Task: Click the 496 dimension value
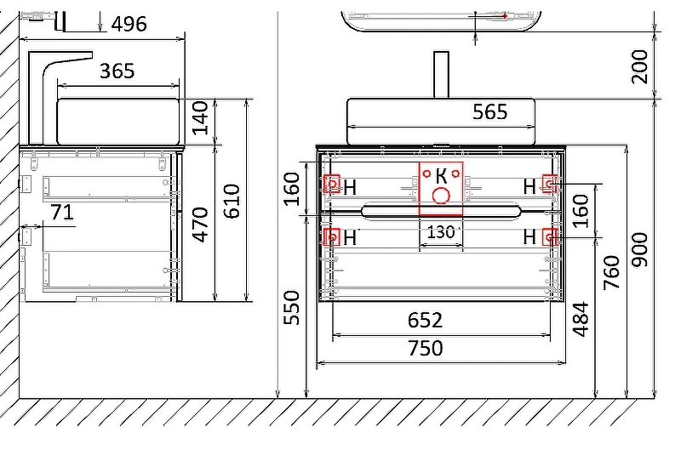(x=129, y=24)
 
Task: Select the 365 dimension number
(x=117, y=71)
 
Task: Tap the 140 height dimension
(x=200, y=118)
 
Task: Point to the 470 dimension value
(x=200, y=224)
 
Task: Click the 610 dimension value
(x=232, y=201)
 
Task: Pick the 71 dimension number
(x=62, y=213)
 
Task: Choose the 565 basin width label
(x=490, y=111)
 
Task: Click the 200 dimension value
(x=640, y=66)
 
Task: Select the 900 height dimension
(x=640, y=249)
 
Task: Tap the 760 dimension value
(x=611, y=273)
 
